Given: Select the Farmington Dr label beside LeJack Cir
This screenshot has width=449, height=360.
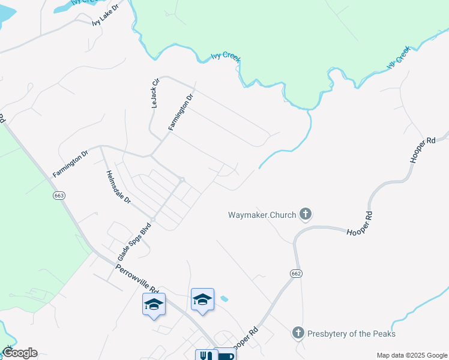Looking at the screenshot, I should click(181, 112).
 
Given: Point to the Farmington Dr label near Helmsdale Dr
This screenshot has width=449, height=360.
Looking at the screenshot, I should click(70, 163).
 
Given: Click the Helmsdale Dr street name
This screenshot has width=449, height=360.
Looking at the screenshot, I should click(118, 188).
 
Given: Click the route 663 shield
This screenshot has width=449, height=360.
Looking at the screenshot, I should click(59, 196).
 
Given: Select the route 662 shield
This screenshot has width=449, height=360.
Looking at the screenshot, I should click(298, 273).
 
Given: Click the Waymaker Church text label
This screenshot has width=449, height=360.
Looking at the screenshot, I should click(262, 214).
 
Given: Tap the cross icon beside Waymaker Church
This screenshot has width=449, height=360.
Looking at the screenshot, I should click(306, 214).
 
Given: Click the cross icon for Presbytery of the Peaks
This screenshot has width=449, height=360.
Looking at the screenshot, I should click(298, 332).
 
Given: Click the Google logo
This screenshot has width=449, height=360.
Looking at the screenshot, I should click(19, 353).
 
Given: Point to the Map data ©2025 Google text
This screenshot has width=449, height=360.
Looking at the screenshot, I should click(411, 355).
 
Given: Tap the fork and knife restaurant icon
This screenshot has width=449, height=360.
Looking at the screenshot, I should click(204, 355).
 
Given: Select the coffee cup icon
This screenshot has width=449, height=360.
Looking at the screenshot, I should click(226, 355).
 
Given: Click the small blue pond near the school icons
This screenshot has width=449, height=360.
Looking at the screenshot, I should click(224, 298).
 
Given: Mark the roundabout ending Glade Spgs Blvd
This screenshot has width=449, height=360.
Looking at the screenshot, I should click(181, 179).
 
